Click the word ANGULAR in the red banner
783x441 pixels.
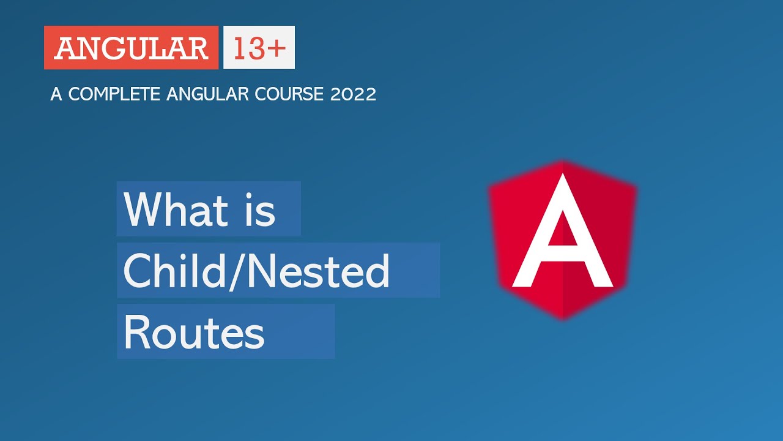132,48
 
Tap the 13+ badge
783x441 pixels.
259,47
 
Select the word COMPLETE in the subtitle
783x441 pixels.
114,94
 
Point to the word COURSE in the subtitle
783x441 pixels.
289,94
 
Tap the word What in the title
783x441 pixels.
176,209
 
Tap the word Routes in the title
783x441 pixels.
195,332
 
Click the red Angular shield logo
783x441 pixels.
562,240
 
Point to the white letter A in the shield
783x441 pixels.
562,230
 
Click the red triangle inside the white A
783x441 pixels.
562,230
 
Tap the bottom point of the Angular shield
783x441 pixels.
562,319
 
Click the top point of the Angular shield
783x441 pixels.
562,161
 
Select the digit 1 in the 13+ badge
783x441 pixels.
239,48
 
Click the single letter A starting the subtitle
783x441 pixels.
56,94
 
